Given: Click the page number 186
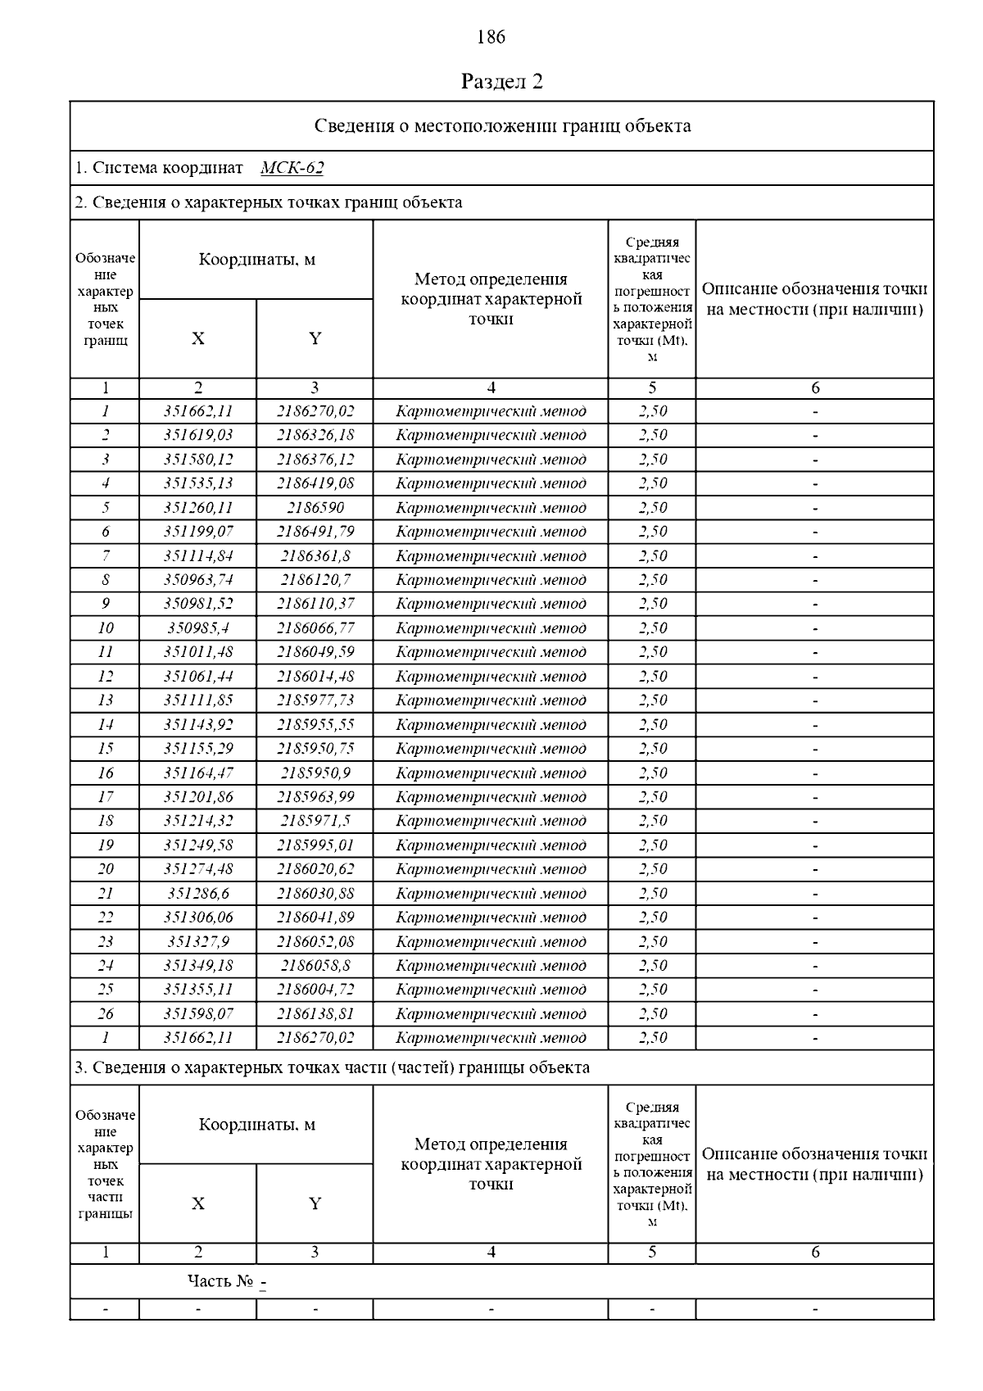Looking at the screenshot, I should pos(491,37).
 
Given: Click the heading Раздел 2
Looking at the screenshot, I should pos(501,81).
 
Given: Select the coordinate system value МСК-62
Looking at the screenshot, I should pos(292,168).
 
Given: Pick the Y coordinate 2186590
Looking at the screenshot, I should pos(315,508).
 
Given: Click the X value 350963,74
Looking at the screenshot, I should pos(197,580).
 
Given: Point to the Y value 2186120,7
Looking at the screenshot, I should pos(315,580).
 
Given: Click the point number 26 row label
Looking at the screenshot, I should pos(105,1014).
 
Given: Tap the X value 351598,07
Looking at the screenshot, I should pos(197,1014).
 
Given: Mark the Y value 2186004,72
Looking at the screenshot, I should pos(315,990).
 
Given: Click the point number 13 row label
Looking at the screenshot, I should pos(105,700).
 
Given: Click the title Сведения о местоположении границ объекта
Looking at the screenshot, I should pos(502,126).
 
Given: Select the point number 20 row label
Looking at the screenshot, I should pos(105,869).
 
